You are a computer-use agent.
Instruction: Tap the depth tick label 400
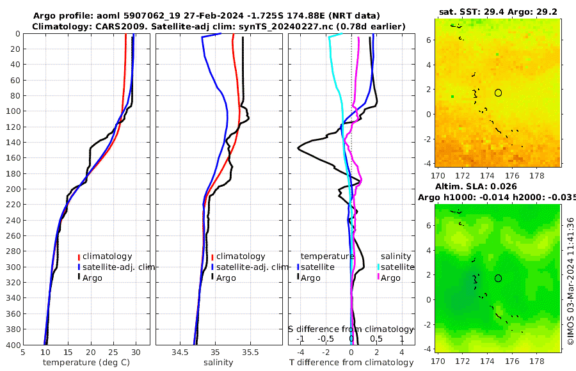tap(12, 345)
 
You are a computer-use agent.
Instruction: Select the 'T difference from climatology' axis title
tap(352, 363)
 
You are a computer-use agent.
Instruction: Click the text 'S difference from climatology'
tap(351, 328)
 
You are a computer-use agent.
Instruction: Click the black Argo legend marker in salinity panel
tap(212, 278)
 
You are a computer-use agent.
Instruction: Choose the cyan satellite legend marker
tap(378, 267)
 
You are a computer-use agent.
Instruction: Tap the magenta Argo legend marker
tap(378, 278)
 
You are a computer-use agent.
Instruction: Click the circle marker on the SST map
tap(498, 93)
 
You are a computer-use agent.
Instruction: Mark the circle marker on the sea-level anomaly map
tap(498, 278)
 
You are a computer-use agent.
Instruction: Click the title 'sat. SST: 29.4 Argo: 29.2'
tap(497, 12)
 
